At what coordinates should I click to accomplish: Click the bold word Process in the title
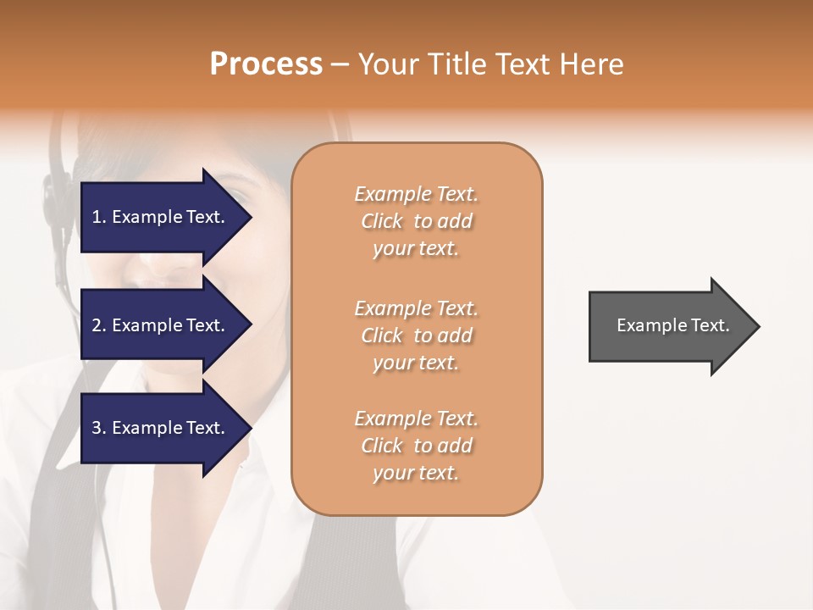266,64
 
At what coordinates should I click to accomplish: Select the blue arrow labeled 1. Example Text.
161,217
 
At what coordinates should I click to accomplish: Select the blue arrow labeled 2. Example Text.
161,325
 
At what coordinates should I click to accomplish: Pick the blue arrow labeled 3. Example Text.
161,428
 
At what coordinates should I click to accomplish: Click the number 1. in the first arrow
99,217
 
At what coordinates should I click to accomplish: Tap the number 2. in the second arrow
99,325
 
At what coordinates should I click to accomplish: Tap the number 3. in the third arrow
99,428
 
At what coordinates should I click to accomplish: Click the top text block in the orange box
417,221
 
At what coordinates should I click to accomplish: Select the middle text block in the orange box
417,335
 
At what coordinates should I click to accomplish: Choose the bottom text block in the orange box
417,446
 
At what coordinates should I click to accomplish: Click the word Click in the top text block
382,221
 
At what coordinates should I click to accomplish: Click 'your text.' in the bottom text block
416,474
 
